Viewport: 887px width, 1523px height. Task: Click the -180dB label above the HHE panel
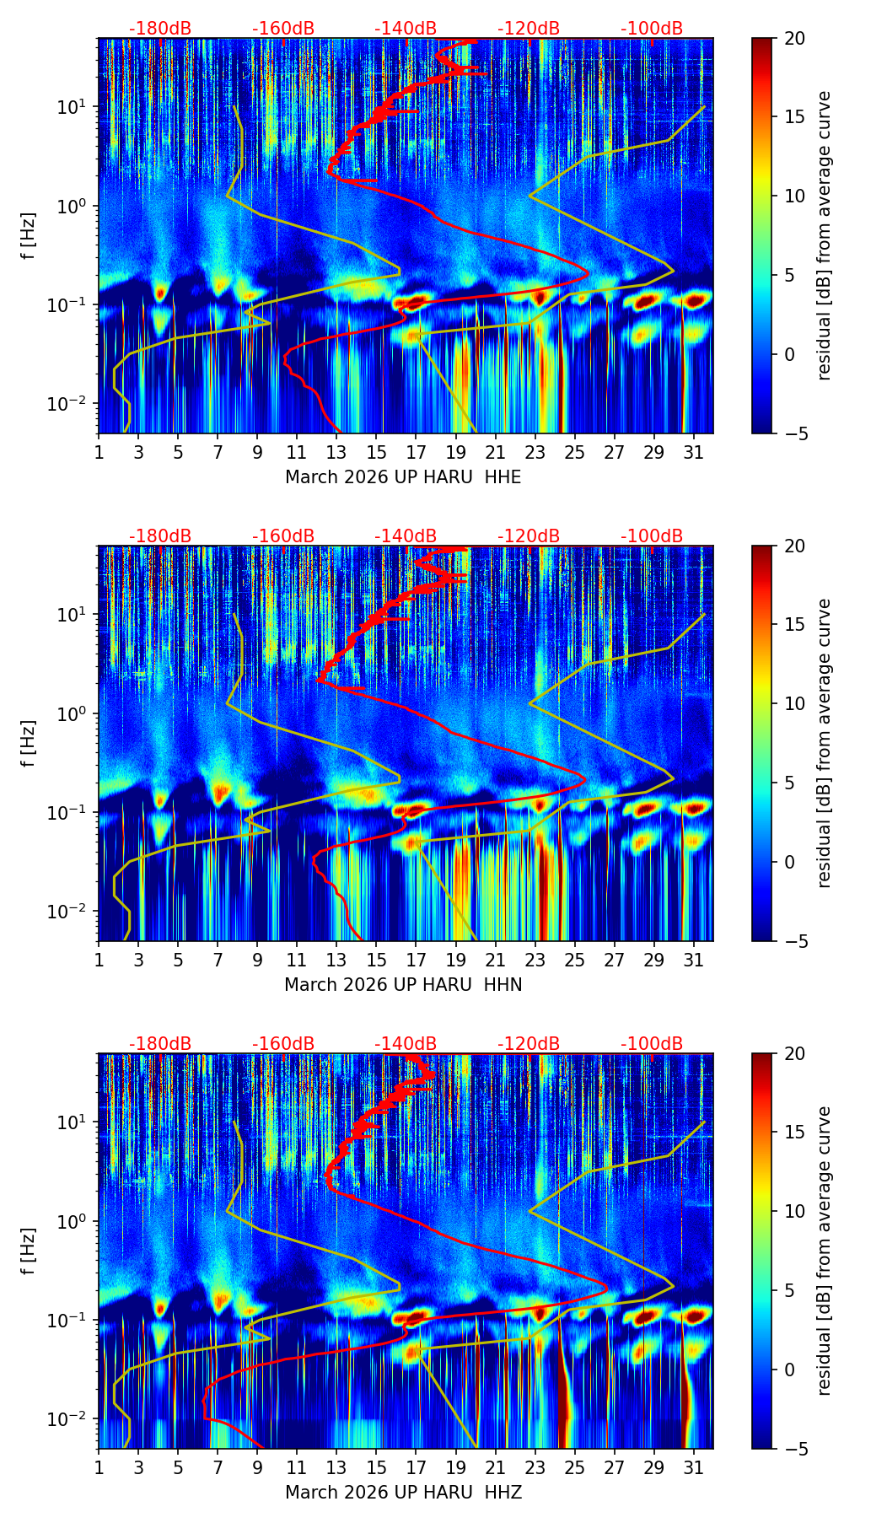(160, 29)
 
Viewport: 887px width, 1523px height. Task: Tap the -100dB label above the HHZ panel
(652, 1044)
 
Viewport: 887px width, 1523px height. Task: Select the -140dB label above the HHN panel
(406, 536)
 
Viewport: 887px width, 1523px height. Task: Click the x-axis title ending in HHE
(403, 477)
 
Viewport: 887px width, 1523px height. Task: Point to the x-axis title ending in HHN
(403, 985)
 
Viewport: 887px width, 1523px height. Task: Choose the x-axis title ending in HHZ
(403, 1493)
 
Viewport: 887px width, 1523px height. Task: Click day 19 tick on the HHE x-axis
(455, 453)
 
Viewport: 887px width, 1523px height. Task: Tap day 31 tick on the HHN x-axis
(693, 961)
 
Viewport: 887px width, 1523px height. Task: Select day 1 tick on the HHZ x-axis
(99, 1468)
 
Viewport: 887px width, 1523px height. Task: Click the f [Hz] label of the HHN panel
(28, 743)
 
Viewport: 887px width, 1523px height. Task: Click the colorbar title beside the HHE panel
(824, 235)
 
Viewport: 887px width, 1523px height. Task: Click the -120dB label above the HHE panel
(529, 29)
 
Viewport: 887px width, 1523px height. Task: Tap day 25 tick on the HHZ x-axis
(574, 1468)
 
